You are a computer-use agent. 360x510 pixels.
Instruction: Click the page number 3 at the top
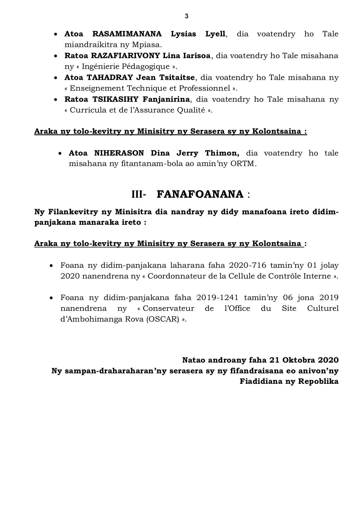[x=186, y=16]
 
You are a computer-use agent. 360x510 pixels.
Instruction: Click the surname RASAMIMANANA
[x=127, y=34]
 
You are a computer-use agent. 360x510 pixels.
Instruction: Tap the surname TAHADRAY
[x=110, y=78]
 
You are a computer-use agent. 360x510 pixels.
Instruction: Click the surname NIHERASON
[x=119, y=153]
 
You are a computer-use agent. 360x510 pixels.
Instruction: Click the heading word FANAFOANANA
[x=200, y=194]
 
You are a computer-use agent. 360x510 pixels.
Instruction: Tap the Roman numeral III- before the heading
[x=139, y=194]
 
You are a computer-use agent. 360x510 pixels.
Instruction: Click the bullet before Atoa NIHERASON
[x=60, y=154]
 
